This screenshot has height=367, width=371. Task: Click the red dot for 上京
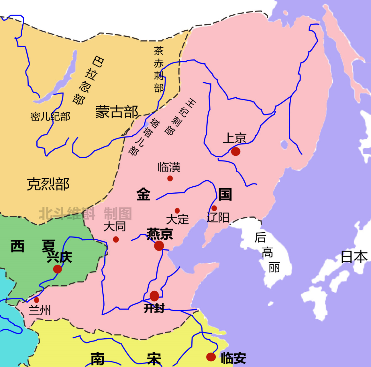click(x=235, y=151)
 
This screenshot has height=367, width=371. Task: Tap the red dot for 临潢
click(x=170, y=178)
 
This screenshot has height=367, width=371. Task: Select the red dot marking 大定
click(x=177, y=211)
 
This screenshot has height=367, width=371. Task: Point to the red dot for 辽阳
click(x=214, y=208)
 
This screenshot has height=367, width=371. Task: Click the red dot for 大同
click(x=116, y=239)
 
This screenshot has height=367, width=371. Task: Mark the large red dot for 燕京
click(x=159, y=246)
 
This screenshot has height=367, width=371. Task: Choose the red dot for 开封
click(x=154, y=296)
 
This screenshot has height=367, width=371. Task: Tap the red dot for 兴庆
click(x=57, y=269)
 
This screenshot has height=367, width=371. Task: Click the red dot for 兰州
click(x=36, y=300)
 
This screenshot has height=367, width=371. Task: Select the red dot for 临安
click(x=211, y=357)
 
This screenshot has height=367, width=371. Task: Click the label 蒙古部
click(x=117, y=112)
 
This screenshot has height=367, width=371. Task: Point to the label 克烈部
click(x=48, y=184)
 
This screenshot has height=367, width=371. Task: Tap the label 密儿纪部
click(x=50, y=117)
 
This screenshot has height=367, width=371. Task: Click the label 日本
click(x=354, y=257)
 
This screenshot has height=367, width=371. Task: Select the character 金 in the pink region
click(x=143, y=194)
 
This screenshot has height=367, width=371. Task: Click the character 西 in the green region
click(x=17, y=246)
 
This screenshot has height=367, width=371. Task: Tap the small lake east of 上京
click(x=284, y=145)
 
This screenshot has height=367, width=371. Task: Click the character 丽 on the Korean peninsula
click(x=274, y=268)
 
